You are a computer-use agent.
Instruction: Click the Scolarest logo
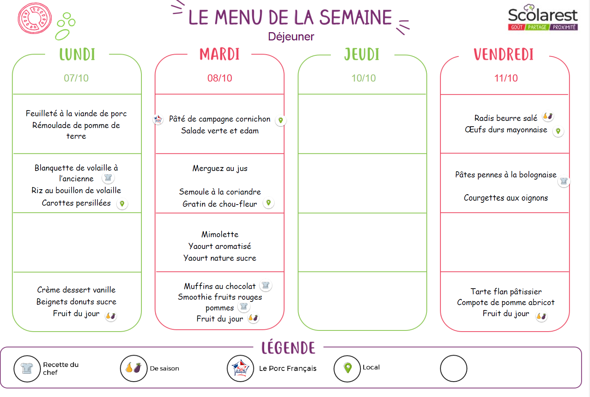[x=542, y=18]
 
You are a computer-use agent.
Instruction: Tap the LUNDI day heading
[x=77, y=55]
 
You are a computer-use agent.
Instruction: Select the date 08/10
[x=219, y=78]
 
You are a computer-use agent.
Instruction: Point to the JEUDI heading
[x=362, y=55]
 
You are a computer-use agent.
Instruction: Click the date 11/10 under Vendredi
[x=506, y=78]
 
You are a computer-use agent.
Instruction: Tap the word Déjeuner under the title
[x=291, y=36]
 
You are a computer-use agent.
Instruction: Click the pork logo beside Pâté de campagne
[x=158, y=119]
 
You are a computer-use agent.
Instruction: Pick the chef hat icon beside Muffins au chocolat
[x=265, y=285]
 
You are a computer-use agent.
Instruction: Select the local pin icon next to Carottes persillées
[x=122, y=204]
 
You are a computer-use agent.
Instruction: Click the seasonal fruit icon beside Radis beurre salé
[x=548, y=116]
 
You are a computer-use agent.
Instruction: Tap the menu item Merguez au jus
[x=220, y=168]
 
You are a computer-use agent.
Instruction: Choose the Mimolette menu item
[x=220, y=234]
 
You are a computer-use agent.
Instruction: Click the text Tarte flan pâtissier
[x=506, y=291]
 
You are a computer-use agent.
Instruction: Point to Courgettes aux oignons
[x=506, y=198]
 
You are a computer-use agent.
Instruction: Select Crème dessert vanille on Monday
[x=76, y=290]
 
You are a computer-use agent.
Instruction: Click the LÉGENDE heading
[x=288, y=348]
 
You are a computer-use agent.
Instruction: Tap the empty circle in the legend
[x=453, y=368]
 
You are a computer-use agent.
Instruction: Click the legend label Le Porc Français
[x=287, y=368]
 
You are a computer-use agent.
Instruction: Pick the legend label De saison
[x=164, y=368]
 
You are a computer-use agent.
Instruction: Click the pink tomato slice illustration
[x=35, y=19]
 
